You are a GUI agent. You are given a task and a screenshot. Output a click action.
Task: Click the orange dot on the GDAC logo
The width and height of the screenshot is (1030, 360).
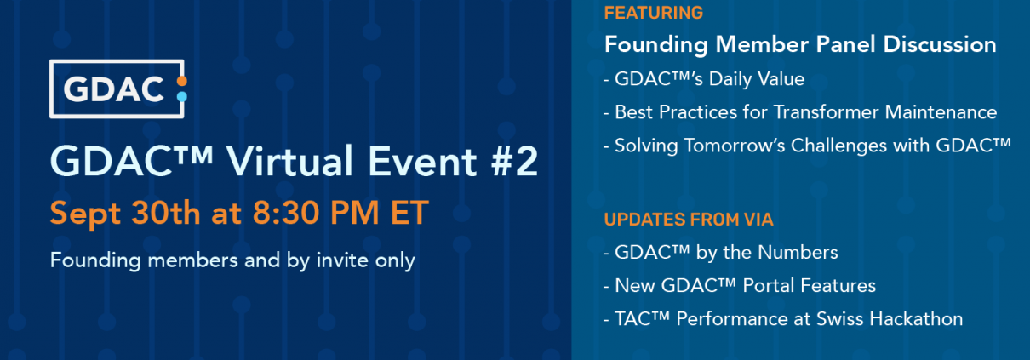click(x=182, y=81)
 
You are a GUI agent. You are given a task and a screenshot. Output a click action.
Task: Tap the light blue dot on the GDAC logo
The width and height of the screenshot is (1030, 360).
click(x=182, y=96)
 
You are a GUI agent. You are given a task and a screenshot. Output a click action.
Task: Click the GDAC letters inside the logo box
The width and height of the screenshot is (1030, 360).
click(x=113, y=89)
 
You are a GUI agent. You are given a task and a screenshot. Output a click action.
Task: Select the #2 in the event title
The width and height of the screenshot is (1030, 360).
click(x=514, y=161)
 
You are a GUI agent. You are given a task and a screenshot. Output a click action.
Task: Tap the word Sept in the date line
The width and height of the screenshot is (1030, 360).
click(x=85, y=214)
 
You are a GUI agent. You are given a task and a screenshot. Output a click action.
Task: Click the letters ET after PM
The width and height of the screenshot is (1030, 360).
click(x=409, y=213)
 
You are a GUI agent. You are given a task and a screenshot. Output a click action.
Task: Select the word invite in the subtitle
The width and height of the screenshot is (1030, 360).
click(x=342, y=260)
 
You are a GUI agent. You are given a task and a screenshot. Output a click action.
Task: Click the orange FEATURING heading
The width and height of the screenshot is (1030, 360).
click(x=654, y=13)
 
